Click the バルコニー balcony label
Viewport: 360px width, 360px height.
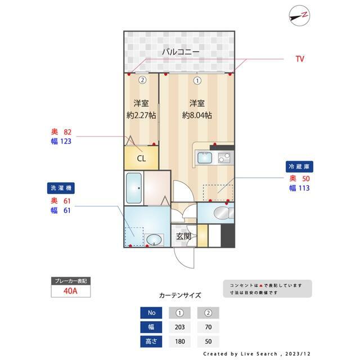pyautogui.click(x=181, y=52)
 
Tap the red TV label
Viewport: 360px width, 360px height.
pyautogui.click(x=300, y=59)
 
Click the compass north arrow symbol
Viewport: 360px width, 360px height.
pyautogui.click(x=299, y=16)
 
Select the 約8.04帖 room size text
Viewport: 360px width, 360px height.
pyautogui.click(x=197, y=115)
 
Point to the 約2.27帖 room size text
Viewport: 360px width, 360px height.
pyautogui.click(x=141, y=115)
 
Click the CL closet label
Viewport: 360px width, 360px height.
pyautogui.click(x=141, y=159)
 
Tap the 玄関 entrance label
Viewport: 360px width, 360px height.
pyautogui.click(x=183, y=236)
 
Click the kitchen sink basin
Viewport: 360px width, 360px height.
pyautogui.click(x=205, y=157)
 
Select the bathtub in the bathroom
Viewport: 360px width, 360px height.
pyautogui.click(x=134, y=188)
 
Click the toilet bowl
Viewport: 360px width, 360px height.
pyautogui.click(x=221, y=213)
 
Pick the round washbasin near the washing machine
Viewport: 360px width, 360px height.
pyautogui.click(x=154, y=240)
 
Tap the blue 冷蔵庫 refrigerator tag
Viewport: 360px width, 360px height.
pyautogui.click(x=299, y=166)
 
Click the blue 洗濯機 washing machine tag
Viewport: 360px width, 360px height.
pyautogui.click(x=61, y=188)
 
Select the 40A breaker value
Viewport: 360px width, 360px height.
pyautogui.click(x=70, y=291)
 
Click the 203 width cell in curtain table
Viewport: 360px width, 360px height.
pyautogui.click(x=179, y=327)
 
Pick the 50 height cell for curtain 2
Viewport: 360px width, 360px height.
pyautogui.click(x=208, y=341)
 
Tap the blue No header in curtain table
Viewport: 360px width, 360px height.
pyautogui.click(x=151, y=313)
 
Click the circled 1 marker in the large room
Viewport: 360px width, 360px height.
pyautogui.click(x=197, y=80)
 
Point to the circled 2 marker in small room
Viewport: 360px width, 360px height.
pyautogui.click(x=142, y=80)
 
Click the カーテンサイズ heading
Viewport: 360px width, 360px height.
pyautogui.click(x=180, y=295)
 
